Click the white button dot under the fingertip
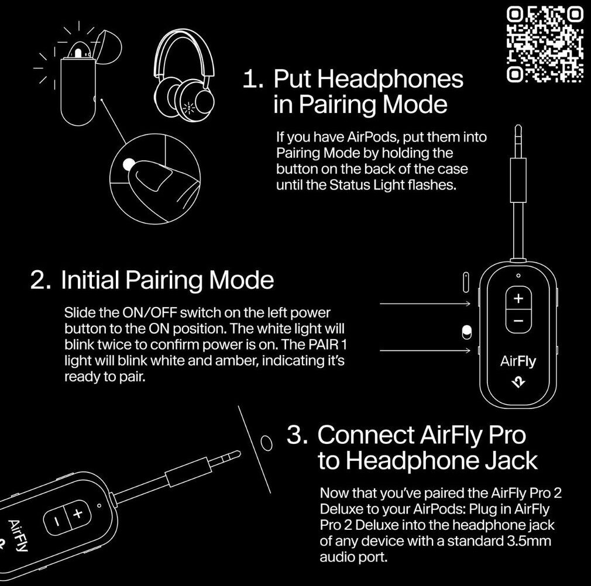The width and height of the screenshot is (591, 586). tap(129, 164)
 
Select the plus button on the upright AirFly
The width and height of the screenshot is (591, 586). tap(518, 299)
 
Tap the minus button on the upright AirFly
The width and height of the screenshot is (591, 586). tap(518, 321)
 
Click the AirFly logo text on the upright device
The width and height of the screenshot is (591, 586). tap(518, 361)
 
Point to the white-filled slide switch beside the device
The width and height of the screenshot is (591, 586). tap(466, 332)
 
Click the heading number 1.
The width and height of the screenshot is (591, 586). tap(252, 79)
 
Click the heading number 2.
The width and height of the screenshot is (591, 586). tap(40, 280)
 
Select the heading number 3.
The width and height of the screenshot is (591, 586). tap(297, 435)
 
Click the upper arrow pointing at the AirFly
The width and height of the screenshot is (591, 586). tap(425, 303)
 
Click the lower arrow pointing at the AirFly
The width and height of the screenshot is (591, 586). tap(425, 351)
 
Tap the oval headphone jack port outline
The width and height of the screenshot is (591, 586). tap(266, 443)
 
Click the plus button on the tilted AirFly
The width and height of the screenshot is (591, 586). tap(78, 513)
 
